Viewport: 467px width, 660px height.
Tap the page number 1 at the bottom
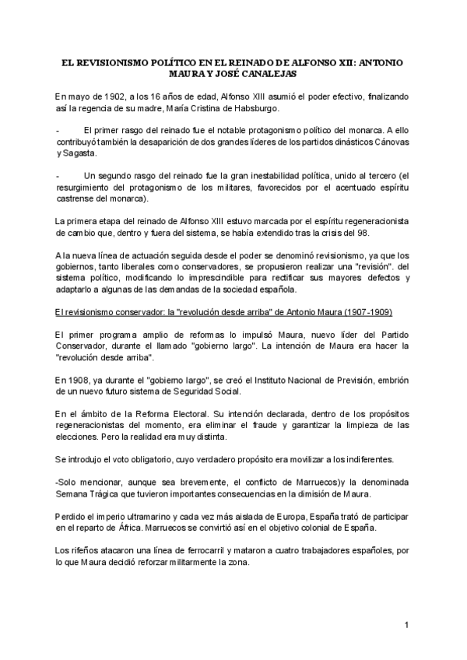coord(407,625)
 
